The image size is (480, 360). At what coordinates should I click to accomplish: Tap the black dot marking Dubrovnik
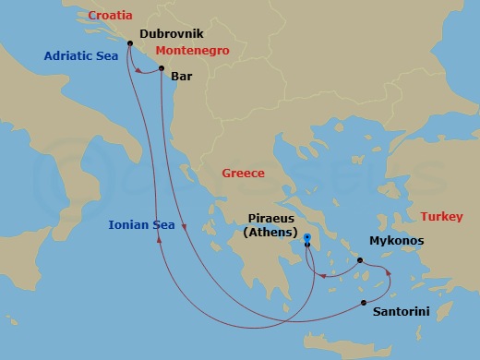(128, 43)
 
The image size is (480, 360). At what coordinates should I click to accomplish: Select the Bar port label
(182, 79)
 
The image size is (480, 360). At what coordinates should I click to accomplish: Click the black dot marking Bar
(162, 69)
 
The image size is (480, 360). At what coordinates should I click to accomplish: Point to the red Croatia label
(110, 16)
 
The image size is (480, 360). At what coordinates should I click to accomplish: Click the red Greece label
(244, 174)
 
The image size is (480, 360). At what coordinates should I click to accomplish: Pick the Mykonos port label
(396, 241)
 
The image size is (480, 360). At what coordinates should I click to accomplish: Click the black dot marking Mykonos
(361, 260)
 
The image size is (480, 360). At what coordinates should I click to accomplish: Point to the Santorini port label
(401, 313)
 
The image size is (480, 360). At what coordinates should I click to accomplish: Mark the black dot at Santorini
(364, 302)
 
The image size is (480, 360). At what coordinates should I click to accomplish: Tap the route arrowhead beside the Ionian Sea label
(160, 240)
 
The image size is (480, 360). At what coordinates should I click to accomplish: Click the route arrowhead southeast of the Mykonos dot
(389, 274)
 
